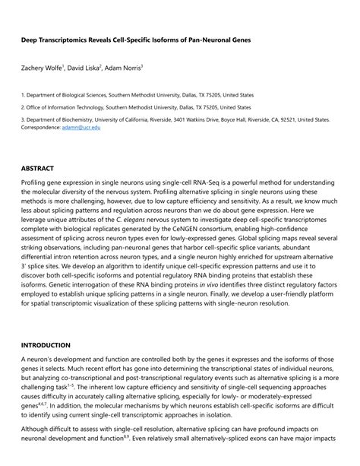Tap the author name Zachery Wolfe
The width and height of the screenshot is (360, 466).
(43, 68)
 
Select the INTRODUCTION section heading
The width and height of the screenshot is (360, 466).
(46, 345)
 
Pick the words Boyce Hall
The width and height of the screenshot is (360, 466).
(229, 119)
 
